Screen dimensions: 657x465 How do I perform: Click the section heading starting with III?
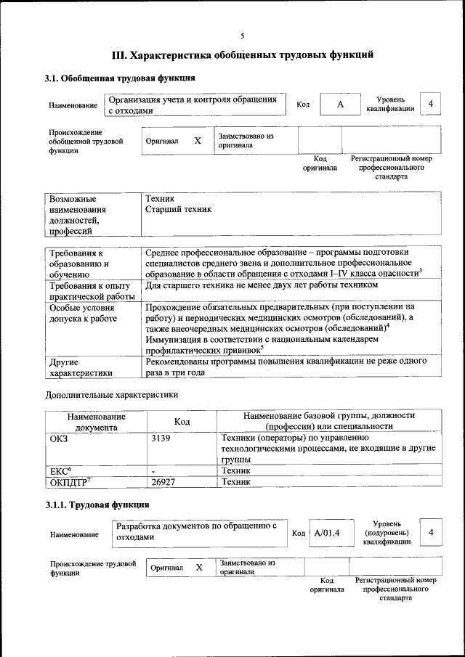point(243,54)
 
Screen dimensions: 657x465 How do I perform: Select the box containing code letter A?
point(339,105)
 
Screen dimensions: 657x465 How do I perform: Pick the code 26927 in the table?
point(165,481)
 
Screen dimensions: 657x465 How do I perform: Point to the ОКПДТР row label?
point(70,481)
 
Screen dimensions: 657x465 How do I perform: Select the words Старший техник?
point(178,209)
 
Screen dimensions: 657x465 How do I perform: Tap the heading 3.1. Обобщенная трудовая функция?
point(119,78)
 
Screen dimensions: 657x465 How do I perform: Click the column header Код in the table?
point(182,421)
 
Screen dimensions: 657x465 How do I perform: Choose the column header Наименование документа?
point(96,422)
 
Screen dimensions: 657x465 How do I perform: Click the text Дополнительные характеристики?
point(111,395)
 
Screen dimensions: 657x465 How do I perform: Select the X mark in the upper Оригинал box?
point(197,141)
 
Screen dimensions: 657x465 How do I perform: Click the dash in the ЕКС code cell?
point(153,470)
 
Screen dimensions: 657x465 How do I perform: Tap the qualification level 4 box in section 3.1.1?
point(431,533)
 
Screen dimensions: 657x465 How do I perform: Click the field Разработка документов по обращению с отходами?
point(198,531)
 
